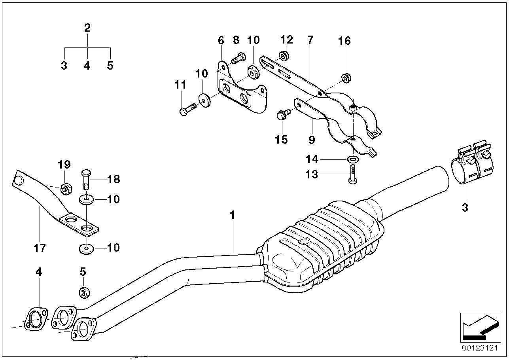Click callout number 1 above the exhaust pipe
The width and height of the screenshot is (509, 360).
[x=233, y=215]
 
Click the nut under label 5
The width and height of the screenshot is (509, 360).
[x=84, y=293]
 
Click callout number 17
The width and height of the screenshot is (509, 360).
[x=40, y=248]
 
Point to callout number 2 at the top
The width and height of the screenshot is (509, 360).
[x=87, y=28]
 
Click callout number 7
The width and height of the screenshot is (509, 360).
[x=310, y=40]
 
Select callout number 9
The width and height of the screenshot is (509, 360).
[x=312, y=139]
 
